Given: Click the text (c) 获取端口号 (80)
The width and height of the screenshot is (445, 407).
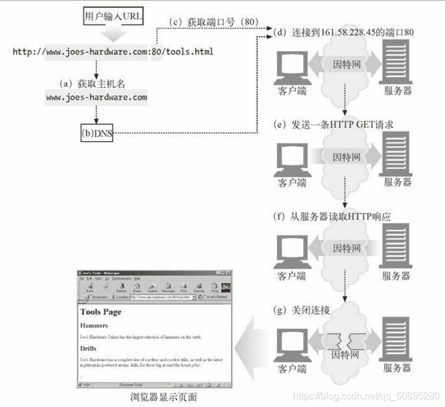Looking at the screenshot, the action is tap(207, 23).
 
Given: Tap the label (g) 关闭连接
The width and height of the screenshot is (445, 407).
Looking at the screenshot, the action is tap(301, 310).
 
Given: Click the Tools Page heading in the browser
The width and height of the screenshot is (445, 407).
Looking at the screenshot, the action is tap(101, 312).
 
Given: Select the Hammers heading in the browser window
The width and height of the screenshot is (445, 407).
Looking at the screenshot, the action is tap(94, 325).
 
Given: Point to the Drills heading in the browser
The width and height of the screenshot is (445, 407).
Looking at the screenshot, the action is tap(89, 348).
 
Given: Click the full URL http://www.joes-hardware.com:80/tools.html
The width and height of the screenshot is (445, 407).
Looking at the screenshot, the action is tap(113, 52).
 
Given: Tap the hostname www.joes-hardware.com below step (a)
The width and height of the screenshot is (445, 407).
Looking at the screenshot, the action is tap(96, 97).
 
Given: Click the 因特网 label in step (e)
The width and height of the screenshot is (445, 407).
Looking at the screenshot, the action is tap(347, 158).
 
